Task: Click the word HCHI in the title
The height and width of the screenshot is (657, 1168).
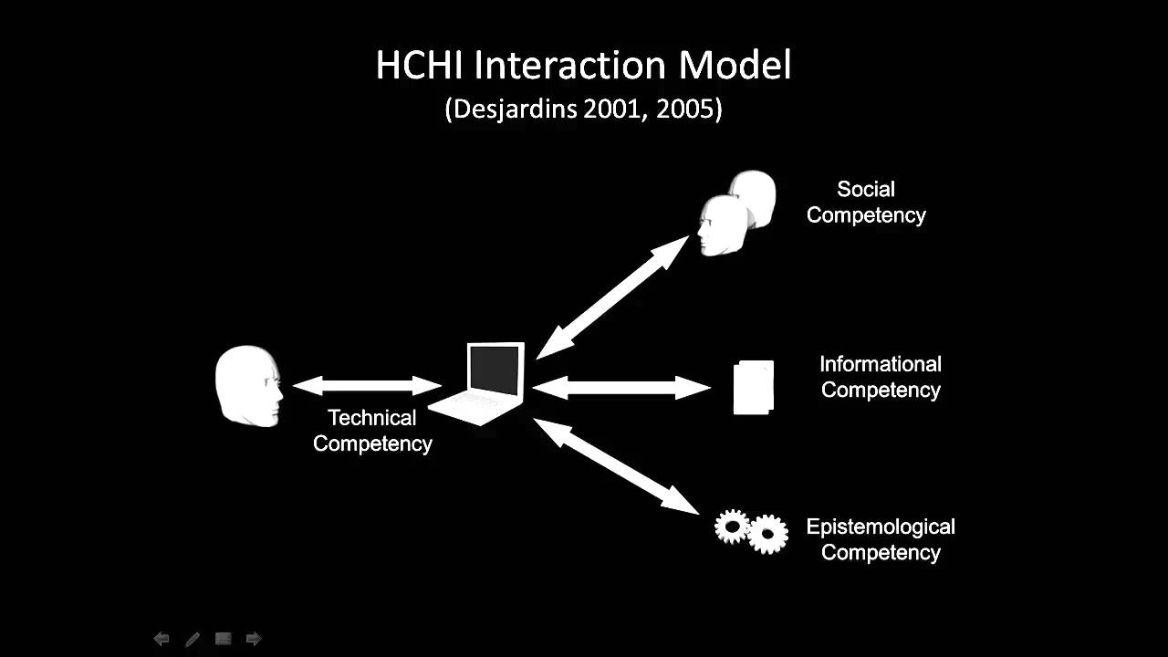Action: point(421,66)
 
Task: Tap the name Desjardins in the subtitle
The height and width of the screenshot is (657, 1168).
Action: point(511,109)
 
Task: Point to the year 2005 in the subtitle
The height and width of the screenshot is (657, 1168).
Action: point(688,109)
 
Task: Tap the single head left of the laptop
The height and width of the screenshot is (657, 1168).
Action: point(247,385)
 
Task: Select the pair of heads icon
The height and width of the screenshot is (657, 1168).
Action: point(736,213)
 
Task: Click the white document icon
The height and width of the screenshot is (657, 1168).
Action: point(754,387)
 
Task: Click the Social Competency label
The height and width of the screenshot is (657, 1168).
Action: point(866,202)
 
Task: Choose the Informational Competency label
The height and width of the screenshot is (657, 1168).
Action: point(881,377)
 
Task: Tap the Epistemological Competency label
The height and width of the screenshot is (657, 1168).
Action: point(881,539)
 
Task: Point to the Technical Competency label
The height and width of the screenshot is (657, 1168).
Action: point(372,430)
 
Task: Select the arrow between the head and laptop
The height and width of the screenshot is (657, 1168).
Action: point(367,385)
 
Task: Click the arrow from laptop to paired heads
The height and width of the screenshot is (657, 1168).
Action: point(612,297)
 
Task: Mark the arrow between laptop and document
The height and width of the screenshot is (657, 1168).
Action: point(621,387)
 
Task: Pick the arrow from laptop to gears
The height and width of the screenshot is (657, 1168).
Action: point(616,464)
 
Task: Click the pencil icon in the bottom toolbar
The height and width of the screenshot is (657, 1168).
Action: point(193,639)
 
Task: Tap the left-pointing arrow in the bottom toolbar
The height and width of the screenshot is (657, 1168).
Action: point(162,639)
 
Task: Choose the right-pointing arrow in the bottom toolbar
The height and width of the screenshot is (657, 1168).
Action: point(254,639)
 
